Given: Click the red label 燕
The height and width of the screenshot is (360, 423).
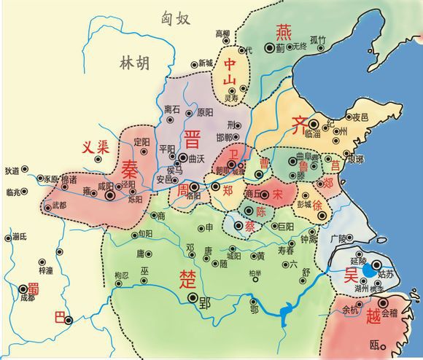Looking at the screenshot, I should click(283, 31).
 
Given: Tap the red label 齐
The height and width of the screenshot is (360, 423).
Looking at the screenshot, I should click(300, 123).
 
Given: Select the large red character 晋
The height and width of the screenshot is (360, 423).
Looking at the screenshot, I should click(193, 138).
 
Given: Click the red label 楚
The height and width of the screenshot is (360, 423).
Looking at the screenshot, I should click(187, 277).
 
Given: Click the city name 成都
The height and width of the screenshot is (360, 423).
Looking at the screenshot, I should click(27, 299).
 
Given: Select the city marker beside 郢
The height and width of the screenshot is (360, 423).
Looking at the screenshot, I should click(193, 297).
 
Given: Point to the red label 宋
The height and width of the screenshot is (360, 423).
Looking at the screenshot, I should click(277, 194).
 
